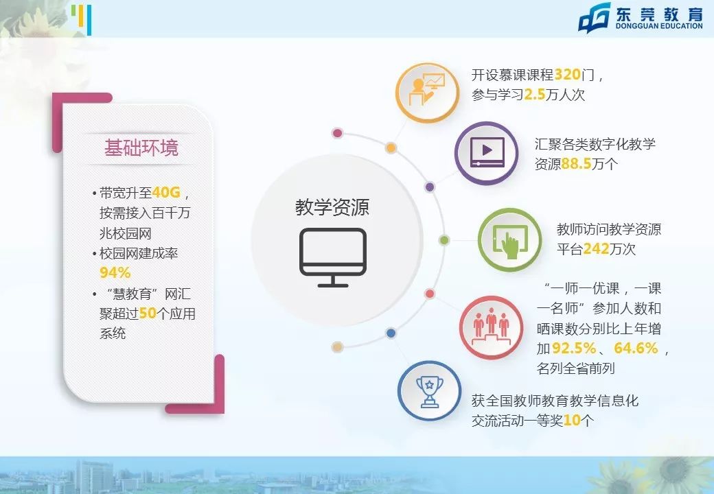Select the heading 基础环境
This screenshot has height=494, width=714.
[141, 148]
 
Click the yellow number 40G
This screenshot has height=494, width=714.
[165, 192]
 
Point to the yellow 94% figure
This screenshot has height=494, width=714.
[115, 272]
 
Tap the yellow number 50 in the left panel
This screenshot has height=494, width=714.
[148, 314]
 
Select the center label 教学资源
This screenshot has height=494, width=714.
[332, 207]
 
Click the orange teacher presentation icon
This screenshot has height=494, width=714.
[428, 92]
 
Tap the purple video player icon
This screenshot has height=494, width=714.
[487, 153]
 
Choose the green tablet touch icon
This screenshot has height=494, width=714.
[509, 239]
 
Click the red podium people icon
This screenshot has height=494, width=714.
[491, 328]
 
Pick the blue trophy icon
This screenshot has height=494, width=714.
[430, 393]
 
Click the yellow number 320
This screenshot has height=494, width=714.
[567, 75]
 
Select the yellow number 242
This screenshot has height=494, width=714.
[597, 249]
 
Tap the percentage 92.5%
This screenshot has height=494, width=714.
[575, 349]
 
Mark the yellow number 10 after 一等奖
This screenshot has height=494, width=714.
[571, 421]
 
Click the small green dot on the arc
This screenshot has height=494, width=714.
[444, 240]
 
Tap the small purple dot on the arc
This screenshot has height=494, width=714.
[430, 187]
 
